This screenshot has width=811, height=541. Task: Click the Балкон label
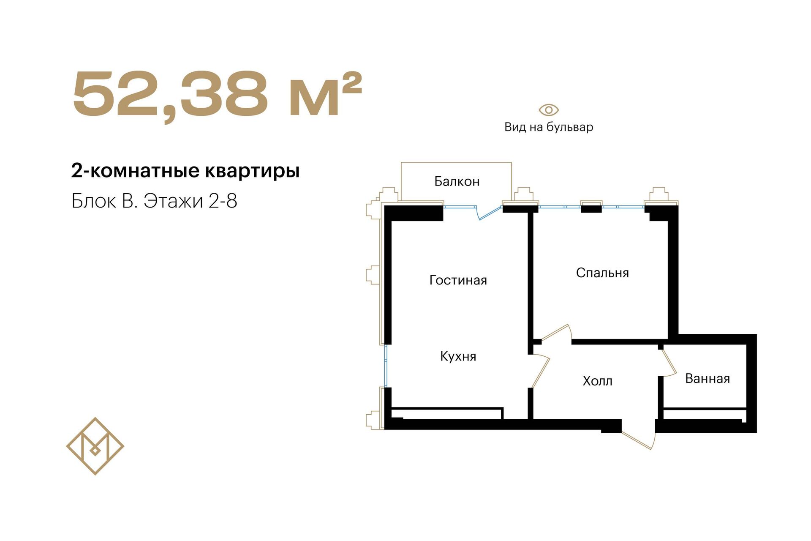click(457, 181)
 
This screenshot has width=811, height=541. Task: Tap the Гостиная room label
click(458, 280)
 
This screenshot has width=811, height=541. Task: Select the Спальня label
click(602, 273)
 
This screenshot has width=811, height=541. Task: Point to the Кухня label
click(458, 356)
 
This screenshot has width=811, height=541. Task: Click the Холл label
click(597, 381)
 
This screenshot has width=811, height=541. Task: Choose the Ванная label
click(708, 378)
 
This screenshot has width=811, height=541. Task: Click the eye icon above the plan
click(549, 110)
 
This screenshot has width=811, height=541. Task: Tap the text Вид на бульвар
click(549, 127)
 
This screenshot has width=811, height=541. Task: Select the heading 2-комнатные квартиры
click(185, 171)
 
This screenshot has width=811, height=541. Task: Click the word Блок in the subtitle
click(93, 201)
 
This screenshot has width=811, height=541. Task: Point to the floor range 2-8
click(223, 201)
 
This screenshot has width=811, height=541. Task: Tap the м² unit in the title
click(326, 94)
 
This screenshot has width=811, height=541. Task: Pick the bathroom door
click(669, 362)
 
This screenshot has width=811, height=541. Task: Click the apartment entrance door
click(638, 440)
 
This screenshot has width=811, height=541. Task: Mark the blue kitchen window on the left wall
click(386, 366)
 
